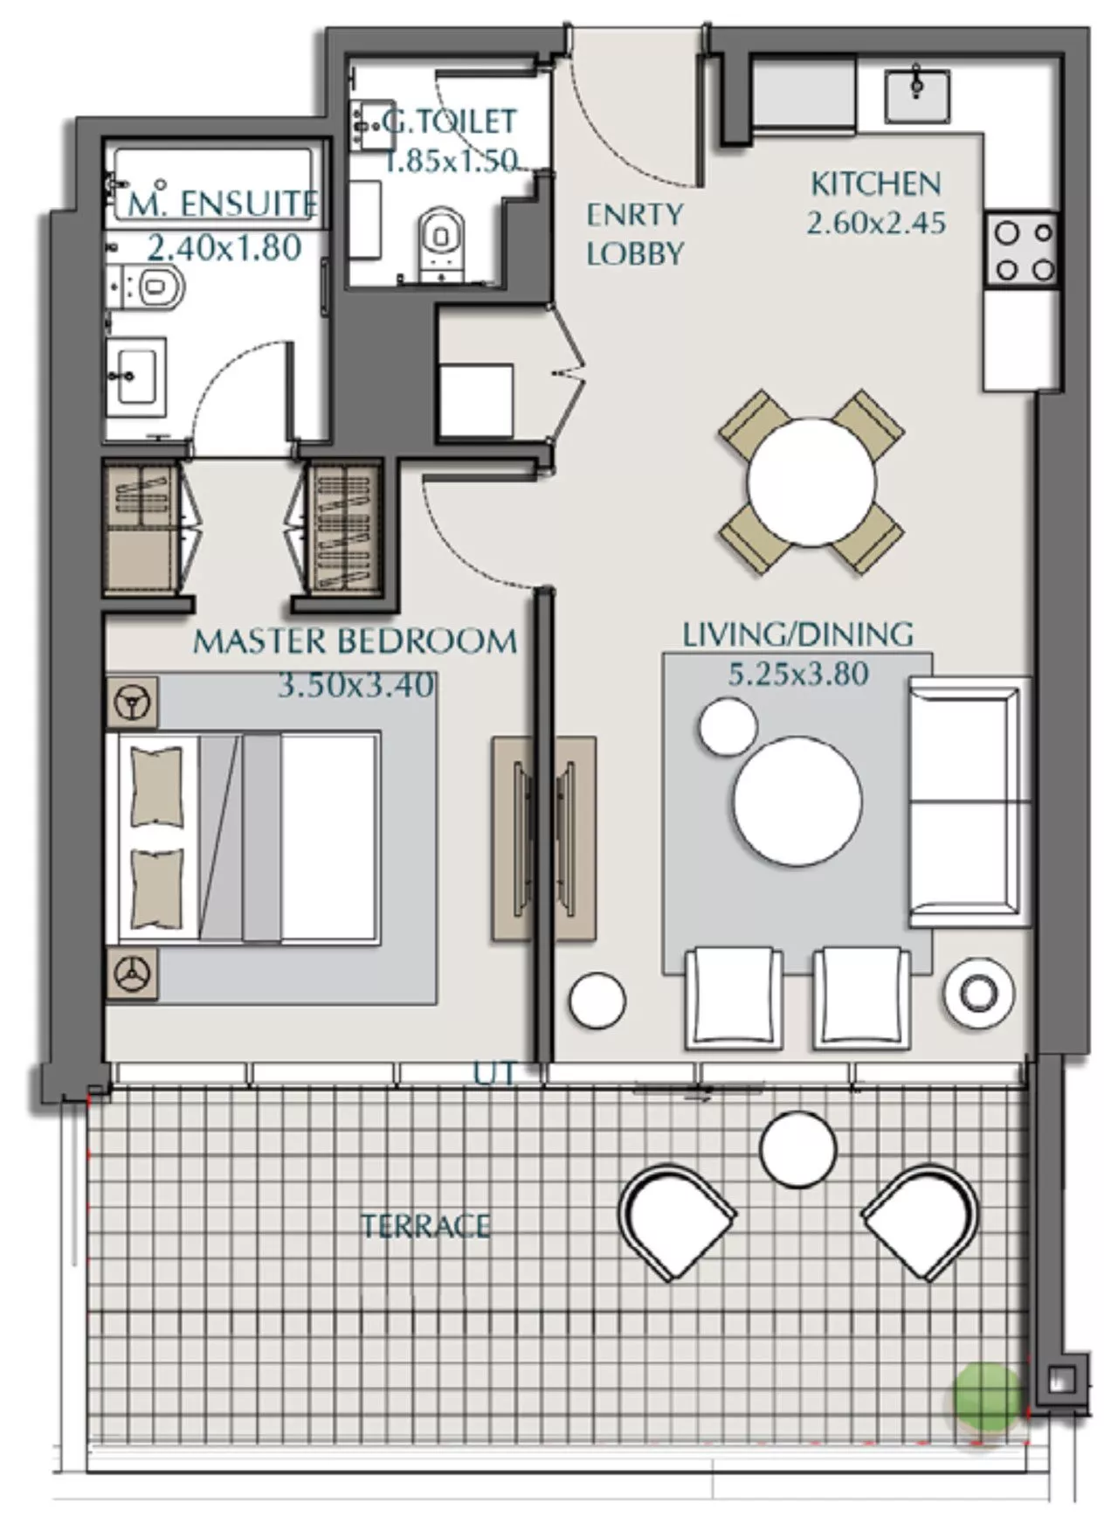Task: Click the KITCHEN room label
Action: [875, 184]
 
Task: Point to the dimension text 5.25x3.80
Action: [798, 674]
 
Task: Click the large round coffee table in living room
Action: [797, 801]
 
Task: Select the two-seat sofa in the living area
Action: [968, 801]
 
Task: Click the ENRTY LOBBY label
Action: [634, 233]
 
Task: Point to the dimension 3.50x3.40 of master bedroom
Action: [355, 685]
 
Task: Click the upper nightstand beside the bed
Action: [132, 702]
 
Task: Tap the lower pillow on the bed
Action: [157, 888]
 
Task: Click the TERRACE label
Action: [425, 1226]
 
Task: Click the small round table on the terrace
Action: [797, 1149]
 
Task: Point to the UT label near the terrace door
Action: [494, 1073]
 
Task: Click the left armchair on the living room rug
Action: [733, 998]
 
